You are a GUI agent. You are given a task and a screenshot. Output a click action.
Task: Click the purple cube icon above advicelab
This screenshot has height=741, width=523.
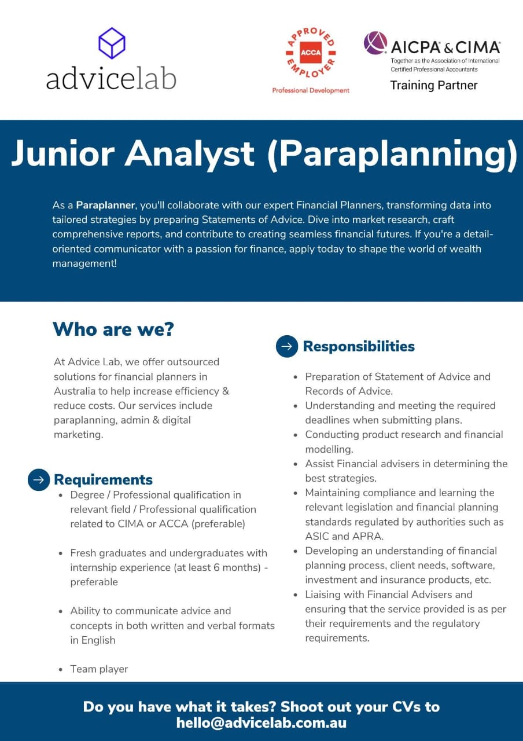click(x=112, y=43)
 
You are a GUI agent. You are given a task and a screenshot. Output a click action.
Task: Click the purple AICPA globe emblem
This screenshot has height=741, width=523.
click(x=375, y=43)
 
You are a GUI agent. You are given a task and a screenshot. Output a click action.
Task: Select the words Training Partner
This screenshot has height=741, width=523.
click(x=433, y=85)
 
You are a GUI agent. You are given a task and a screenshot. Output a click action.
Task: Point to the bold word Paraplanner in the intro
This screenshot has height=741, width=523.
click(x=105, y=205)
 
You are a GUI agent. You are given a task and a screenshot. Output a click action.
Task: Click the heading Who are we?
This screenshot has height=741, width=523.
click(x=113, y=329)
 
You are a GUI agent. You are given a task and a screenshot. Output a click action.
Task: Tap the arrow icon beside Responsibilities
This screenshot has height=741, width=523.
click(x=287, y=346)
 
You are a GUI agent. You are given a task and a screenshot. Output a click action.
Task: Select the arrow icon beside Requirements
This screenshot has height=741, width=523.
click(x=39, y=479)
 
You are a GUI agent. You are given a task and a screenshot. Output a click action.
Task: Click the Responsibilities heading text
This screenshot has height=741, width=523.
click(x=359, y=346)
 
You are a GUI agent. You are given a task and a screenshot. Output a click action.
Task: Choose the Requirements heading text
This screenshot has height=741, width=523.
click(x=103, y=479)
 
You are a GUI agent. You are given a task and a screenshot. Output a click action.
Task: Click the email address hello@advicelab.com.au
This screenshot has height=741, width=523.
click(x=261, y=722)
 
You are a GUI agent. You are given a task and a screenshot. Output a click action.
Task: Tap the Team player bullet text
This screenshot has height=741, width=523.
click(x=99, y=669)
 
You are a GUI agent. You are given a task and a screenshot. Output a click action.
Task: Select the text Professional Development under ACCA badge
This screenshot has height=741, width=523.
click(x=311, y=90)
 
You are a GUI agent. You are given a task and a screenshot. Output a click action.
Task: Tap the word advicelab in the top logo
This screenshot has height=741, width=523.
click(x=111, y=78)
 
